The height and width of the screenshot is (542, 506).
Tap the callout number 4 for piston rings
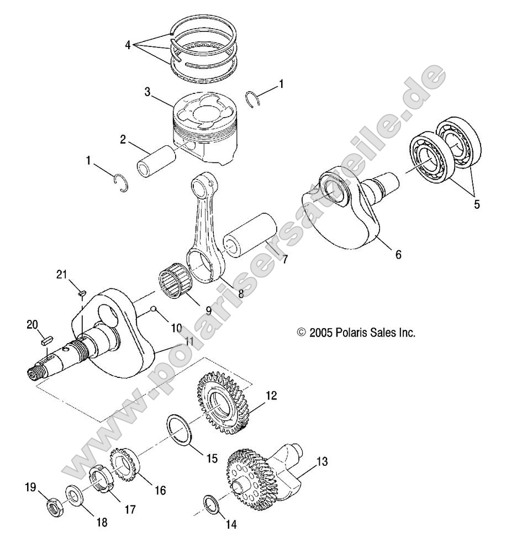(128, 45)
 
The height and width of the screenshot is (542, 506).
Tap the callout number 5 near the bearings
(477, 204)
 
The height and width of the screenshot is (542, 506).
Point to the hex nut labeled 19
(56, 506)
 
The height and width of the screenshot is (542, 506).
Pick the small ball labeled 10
(156, 309)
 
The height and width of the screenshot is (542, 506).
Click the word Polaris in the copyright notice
(352, 333)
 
